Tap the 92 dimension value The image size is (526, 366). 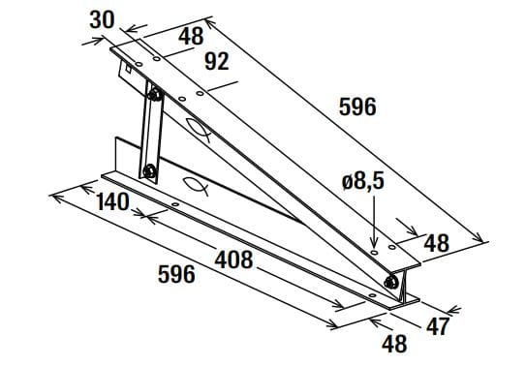[x=216, y=63]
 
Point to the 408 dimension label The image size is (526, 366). [x=233, y=259]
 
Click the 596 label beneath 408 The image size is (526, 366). [x=176, y=275]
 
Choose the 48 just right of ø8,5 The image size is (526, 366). [x=437, y=242]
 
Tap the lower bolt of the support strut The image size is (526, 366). [x=149, y=172]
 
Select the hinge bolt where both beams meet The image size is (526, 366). [x=390, y=282]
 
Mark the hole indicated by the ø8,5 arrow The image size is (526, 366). [x=375, y=251]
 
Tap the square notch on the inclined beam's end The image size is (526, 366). [x=125, y=70]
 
